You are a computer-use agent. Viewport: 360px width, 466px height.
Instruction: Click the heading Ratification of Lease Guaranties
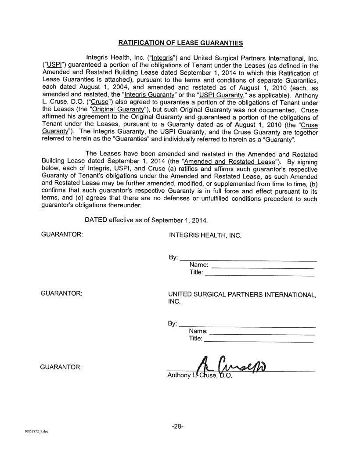[x=180, y=43]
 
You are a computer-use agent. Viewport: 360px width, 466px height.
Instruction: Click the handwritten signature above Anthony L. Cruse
[x=233, y=363]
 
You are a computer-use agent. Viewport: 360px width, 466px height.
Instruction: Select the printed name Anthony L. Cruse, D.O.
[x=200, y=376]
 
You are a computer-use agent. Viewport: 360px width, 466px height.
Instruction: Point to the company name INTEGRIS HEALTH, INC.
[x=205, y=235]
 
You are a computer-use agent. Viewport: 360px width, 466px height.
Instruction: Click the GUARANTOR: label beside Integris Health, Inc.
[x=62, y=235]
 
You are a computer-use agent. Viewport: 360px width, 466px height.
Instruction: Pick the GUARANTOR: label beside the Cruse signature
[x=61, y=366]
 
